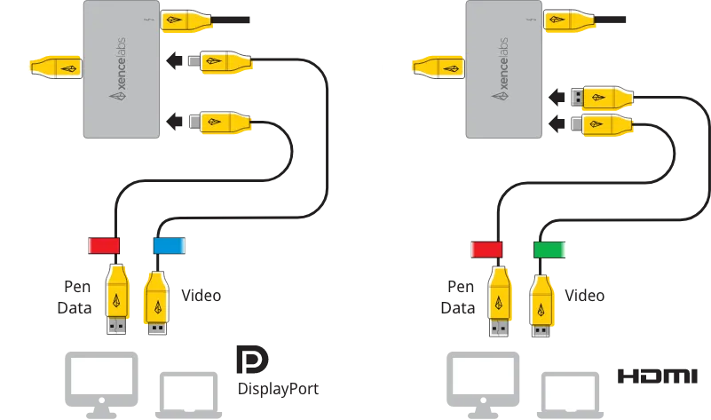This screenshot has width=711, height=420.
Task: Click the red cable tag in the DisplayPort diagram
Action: (x=104, y=245)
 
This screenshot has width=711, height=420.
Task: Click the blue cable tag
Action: (x=170, y=245)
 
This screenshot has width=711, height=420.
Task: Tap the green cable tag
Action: (x=549, y=250)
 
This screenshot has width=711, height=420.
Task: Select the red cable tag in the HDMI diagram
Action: (x=486, y=250)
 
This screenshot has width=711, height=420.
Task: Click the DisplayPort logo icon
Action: (x=252, y=360)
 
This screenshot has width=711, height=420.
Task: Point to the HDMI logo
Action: (x=658, y=376)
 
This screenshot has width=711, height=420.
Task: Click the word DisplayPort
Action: (x=278, y=389)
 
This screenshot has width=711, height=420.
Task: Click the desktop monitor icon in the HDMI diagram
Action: (x=484, y=384)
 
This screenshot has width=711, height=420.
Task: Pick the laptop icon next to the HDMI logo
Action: (x=571, y=395)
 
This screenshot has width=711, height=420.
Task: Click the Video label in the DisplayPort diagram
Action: (x=201, y=296)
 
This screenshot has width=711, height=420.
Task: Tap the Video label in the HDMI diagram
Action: (x=584, y=296)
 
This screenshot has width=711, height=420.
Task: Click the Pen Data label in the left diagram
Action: (x=75, y=297)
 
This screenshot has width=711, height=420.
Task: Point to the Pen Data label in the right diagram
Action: (x=458, y=297)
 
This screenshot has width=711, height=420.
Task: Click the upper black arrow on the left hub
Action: (x=174, y=60)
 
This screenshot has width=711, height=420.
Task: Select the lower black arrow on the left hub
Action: (x=174, y=122)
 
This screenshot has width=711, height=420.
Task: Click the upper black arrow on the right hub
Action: (x=557, y=97)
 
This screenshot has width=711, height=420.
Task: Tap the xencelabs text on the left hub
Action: (x=119, y=69)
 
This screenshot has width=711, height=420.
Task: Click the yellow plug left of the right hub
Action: (x=438, y=68)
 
